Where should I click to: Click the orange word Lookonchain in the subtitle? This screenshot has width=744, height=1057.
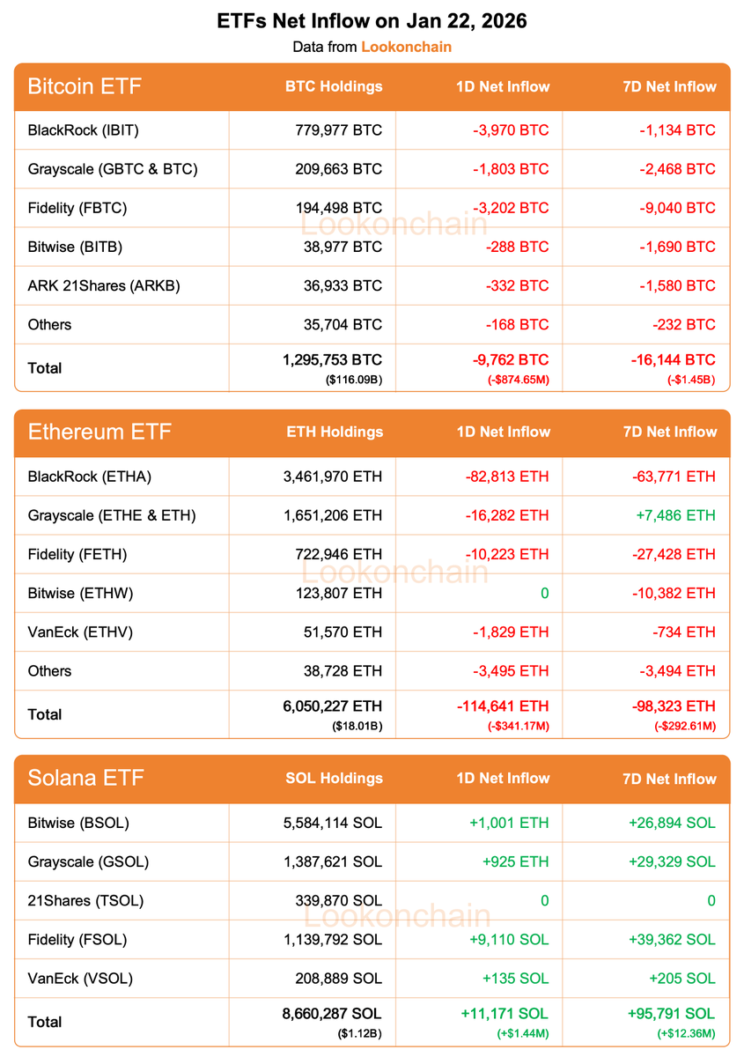pyautogui.click(x=406, y=47)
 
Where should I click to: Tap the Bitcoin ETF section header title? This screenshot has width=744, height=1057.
pyautogui.click(x=85, y=86)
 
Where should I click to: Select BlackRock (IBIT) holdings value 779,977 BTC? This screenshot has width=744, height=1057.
pyautogui.click(x=339, y=130)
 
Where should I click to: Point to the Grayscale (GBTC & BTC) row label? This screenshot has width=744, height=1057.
pyautogui.click(x=113, y=169)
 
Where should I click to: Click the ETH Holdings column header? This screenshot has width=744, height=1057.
pyautogui.click(x=335, y=432)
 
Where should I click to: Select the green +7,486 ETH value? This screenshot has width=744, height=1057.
pyautogui.click(x=672, y=515)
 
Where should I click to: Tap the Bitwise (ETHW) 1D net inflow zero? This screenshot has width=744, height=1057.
pyautogui.click(x=544, y=593)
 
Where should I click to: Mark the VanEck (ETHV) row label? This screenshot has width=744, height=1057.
pyautogui.click(x=80, y=632)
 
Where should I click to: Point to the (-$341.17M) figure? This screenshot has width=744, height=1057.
pyautogui.click(x=519, y=726)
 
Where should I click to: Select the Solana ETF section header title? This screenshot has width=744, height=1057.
pyautogui.click(x=85, y=778)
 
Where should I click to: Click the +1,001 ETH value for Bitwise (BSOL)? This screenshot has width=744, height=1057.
pyautogui.click(x=509, y=823)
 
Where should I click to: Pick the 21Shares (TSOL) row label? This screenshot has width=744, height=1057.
pyautogui.click(x=85, y=900)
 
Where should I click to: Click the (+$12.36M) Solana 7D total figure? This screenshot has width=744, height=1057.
pyautogui.click(x=686, y=1033)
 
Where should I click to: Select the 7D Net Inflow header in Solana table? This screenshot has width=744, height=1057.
pyautogui.click(x=669, y=779)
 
